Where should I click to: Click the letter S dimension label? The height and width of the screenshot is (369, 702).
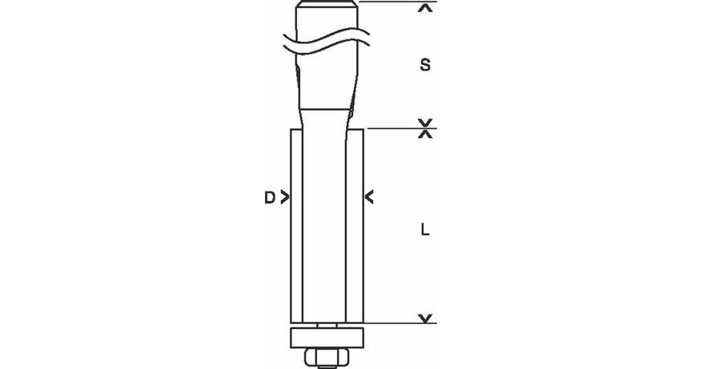pos(425,65)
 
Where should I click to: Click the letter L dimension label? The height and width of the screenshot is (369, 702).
pos(425,230)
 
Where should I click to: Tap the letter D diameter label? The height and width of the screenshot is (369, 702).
pos(270,198)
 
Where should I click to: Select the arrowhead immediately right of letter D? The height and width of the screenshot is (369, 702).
pos(284,197)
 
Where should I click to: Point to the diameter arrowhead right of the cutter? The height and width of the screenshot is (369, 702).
pos(369,197)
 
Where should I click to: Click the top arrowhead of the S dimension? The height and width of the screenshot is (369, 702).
pos(425,8)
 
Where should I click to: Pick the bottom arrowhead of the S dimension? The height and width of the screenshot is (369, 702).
pos(425,122)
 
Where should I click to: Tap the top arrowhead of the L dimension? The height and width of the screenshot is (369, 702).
pos(425,134)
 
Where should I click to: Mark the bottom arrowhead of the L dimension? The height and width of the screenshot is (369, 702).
pos(425,318)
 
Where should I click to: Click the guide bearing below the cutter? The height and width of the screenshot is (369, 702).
pos(327,337)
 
